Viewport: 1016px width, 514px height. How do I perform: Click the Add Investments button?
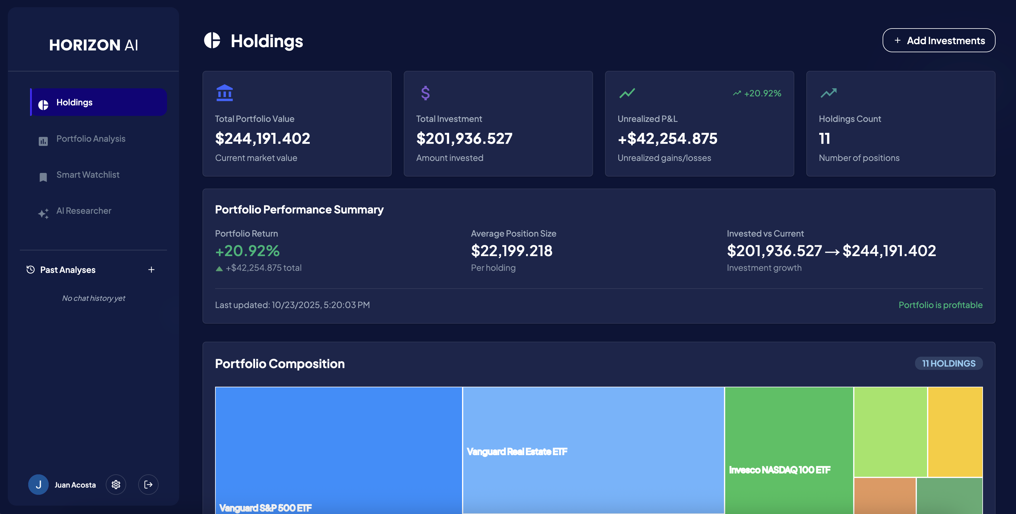pos(939,41)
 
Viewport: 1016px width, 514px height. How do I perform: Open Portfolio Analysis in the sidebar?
pos(91,139)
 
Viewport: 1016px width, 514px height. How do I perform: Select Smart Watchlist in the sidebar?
pos(87,175)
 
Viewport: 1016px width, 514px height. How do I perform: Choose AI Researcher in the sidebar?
pos(84,211)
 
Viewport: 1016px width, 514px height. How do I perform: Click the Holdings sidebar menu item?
pos(99,102)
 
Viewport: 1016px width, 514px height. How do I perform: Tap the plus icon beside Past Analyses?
pos(151,270)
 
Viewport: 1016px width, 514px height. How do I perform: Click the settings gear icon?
pos(116,485)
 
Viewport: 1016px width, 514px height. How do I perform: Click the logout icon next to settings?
pos(148,485)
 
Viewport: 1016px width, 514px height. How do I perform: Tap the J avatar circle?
pos(38,485)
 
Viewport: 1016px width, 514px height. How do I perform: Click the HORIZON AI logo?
pos(93,45)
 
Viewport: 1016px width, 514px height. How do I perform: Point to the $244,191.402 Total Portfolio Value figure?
pos(263,138)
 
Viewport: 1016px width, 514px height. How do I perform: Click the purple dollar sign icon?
pos(425,93)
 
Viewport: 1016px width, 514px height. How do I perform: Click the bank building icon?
pos(224,93)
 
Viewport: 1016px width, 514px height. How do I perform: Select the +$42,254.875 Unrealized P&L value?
pos(667,138)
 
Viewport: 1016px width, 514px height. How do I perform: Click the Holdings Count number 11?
pos(824,138)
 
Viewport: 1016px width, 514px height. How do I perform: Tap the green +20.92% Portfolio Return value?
pos(247,251)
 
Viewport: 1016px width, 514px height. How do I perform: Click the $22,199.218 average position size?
pos(512,251)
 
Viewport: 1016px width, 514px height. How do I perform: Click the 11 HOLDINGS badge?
pos(948,363)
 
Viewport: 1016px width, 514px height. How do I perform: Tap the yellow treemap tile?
pos(955,432)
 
